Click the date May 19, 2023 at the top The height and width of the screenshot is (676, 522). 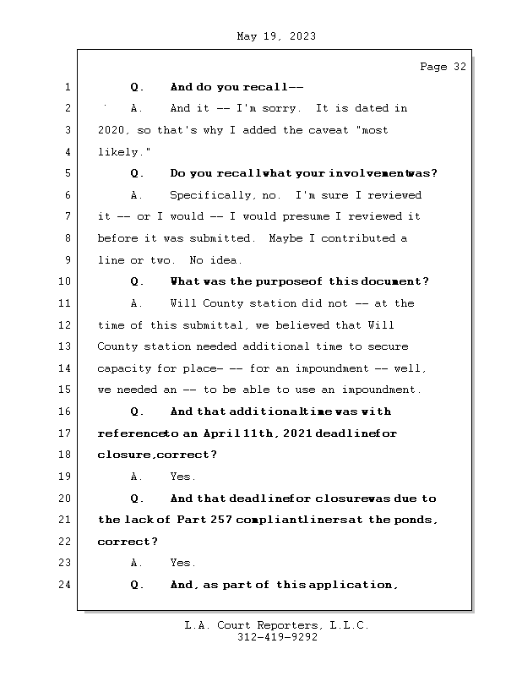pyautogui.click(x=276, y=36)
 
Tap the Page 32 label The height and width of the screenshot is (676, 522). pyautogui.click(x=443, y=67)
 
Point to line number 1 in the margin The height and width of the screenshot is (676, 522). pyautogui.click(x=68, y=87)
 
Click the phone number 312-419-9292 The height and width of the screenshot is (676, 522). pyautogui.click(x=276, y=638)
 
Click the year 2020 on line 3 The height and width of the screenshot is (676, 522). pyautogui.click(x=111, y=131)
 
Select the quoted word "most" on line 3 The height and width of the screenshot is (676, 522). pyautogui.click(x=372, y=131)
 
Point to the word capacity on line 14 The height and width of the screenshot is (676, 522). pyautogui.click(x=123, y=368)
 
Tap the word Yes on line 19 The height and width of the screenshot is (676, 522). pyautogui.click(x=182, y=477)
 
